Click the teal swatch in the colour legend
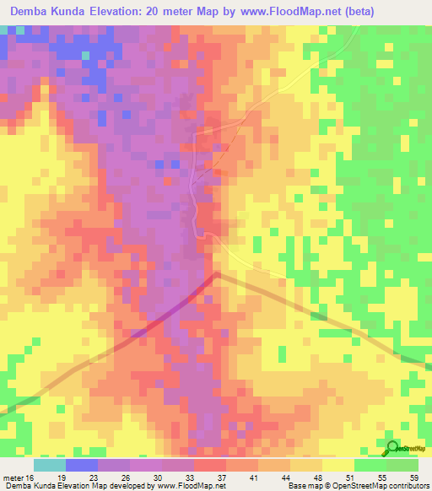point(50,465)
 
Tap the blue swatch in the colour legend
point(82,465)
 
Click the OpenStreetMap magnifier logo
point(391,448)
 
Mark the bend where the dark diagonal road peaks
point(218,273)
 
